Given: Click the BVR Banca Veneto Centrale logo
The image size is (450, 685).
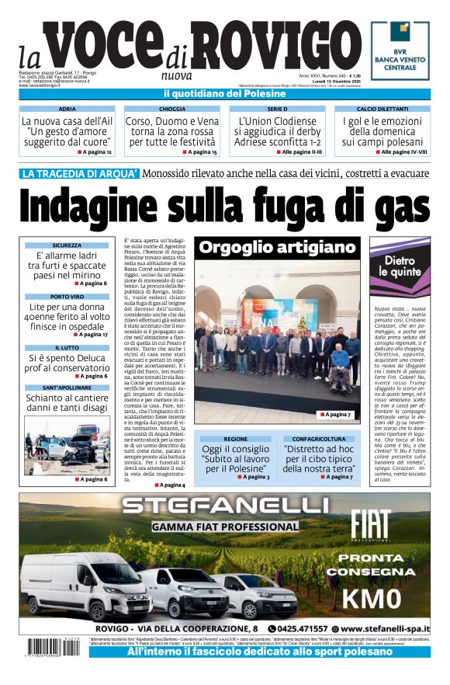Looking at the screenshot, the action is [x=400, y=50].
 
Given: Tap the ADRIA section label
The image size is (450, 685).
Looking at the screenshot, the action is [x=67, y=110].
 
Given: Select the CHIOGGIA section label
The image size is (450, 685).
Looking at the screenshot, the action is [x=172, y=110].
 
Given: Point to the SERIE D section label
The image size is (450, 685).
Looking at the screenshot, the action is [x=277, y=110].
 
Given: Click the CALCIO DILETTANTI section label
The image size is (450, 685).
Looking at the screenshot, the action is [x=382, y=110].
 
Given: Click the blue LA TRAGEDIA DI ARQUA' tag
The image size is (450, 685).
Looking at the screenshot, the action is [x=81, y=174].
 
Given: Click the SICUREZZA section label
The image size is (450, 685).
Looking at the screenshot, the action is [x=67, y=245].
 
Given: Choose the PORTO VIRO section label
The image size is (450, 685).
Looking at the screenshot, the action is [x=67, y=297].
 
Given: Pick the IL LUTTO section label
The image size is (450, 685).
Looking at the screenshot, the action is [x=67, y=348].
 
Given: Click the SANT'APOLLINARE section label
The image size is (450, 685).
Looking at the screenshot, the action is [x=67, y=387].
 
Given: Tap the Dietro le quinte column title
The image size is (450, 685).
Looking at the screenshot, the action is [x=400, y=266].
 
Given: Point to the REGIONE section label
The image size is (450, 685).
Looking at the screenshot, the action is [x=236, y=439].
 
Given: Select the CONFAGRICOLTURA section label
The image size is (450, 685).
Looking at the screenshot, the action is [x=318, y=439].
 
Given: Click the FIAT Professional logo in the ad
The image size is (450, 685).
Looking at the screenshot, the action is [x=369, y=525].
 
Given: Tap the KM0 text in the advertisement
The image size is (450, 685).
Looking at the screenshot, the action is [x=371, y=598].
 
